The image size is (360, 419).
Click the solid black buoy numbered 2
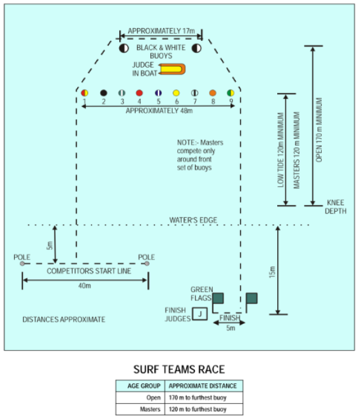click(x=104, y=93)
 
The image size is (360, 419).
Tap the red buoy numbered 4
click(x=140, y=93)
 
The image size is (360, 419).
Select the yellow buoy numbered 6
click(x=176, y=93)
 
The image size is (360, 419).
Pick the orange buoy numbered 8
click(x=213, y=93)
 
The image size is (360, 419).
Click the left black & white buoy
click(x=124, y=48)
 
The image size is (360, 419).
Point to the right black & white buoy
click(x=196, y=48)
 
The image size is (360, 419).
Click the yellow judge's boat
click(x=172, y=70)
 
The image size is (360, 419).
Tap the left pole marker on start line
click(x=22, y=263)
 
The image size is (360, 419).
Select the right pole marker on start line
click(x=147, y=263)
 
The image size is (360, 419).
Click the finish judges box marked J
click(x=200, y=314)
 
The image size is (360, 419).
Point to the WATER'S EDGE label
click(x=193, y=220)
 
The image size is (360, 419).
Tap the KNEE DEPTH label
click(x=335, y=207)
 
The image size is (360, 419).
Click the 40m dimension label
click(x=85, y=286)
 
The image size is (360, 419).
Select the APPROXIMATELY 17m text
click(x=161, y=31)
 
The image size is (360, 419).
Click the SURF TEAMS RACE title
click(x=179, y=369)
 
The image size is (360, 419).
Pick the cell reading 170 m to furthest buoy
click(x=198, y=397)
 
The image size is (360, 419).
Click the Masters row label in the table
click(x=150, y=409)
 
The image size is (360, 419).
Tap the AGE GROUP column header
click(x=144, y=386)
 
